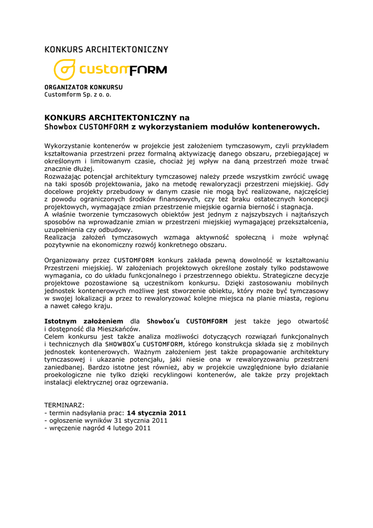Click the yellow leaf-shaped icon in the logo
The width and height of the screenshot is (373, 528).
tap(65, 69)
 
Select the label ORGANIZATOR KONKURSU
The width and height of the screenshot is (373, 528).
tap(83, 87)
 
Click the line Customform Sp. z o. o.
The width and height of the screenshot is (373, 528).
tap(78, 95)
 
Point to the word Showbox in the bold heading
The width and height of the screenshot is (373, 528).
tap(60, 127)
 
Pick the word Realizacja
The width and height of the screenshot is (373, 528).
tap(60, 237)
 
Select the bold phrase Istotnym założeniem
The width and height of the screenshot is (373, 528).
tap(84, 321)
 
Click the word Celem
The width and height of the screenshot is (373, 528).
tap(54, 336)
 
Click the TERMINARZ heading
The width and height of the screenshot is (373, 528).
tap(64, 405)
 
